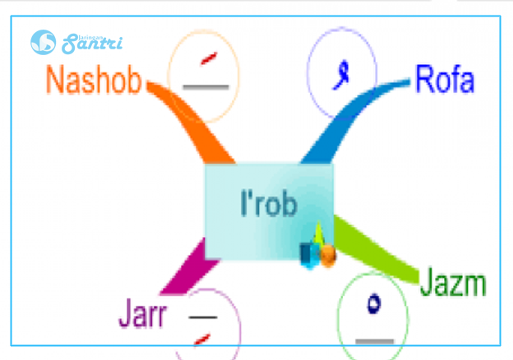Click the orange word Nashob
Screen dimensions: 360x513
[94, 81]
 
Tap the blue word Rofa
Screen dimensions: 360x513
[445, 81]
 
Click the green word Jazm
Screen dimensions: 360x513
[453, 284]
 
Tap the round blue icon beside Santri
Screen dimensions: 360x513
[44, 42]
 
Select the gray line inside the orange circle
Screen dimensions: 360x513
[206, 85]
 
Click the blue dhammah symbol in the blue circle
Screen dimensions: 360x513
[335, 76]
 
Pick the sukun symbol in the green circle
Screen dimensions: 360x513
[374, 303]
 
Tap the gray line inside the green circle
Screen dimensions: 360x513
[374, 339]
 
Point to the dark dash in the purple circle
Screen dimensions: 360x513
[202, 316]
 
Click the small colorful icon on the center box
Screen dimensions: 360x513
[318, 248]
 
